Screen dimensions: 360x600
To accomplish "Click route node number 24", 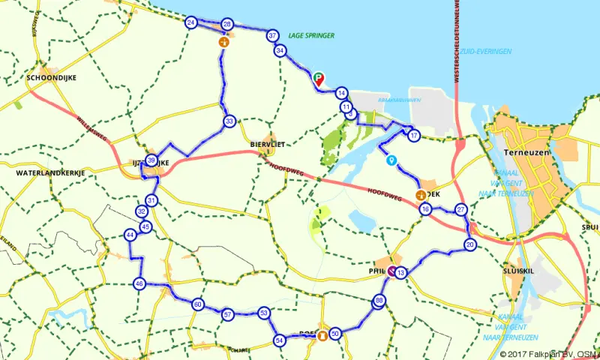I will pyautogui.click(x=191, y=22).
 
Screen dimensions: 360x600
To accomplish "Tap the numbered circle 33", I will pyautogui.click(x=229, y=120).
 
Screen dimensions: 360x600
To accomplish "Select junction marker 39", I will pyautogui.click(x=151, y=160).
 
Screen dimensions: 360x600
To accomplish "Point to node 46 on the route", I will pyautogui.click(x=139, y=283).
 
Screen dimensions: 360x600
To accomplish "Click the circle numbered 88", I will pyautogui.click(x=379, y=301).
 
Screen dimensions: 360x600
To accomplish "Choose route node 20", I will pyautogui.click(x=470, y=244).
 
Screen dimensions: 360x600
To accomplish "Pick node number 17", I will pyautogui.click(x=413, y=135).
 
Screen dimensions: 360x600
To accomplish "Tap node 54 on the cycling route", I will pyautogui.click(x=280, y=340).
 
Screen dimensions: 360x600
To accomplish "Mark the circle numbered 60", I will pyautogui.click(x=197, y=304).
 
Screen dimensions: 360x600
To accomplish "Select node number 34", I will pyautogui.click(x=280, y=50).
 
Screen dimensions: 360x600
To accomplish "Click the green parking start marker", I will pyautogui.click(x=319, y=77).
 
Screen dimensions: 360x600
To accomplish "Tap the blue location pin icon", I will pyautogui.click(x=391, y=160).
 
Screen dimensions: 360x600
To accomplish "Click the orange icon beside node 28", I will pyautogui.click(x=223, y=43).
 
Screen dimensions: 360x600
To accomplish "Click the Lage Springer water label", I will pyautogui.click(x=310, y=35).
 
